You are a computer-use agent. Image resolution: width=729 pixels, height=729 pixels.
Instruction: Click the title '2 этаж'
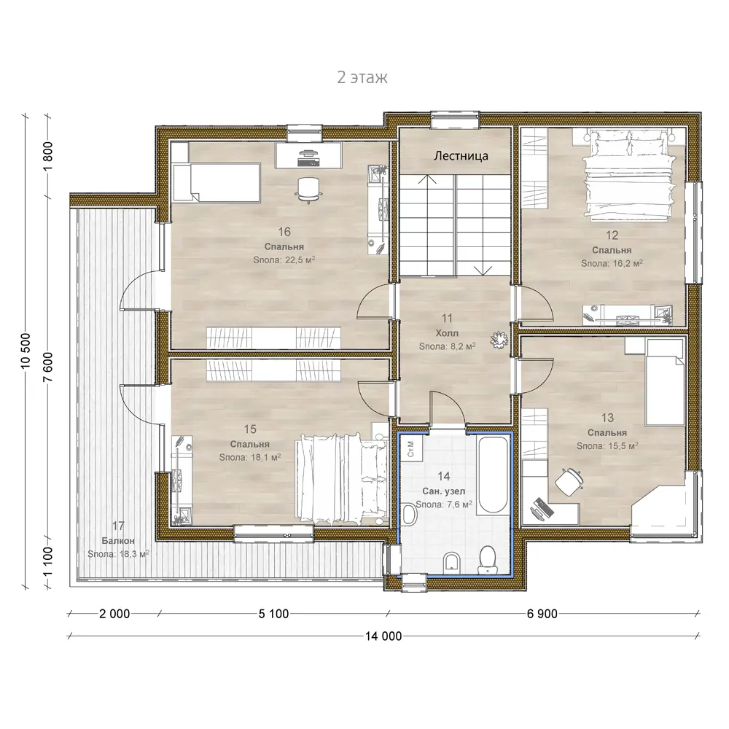362,77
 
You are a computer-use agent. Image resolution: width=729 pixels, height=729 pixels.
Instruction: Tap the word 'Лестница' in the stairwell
461,156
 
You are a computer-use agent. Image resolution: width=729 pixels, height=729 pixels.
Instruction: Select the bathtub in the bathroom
494,475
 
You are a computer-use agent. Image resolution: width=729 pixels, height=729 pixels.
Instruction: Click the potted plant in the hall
499,340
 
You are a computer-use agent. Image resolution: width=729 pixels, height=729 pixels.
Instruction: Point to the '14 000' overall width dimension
383,636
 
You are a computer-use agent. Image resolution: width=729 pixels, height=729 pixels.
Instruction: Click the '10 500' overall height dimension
26,351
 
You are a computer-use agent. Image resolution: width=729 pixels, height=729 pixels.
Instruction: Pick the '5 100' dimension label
274,614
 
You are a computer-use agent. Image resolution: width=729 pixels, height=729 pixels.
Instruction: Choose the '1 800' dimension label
48,157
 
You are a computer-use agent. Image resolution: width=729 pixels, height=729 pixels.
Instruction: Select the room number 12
612,235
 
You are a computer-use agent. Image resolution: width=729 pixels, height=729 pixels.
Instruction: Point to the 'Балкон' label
118,541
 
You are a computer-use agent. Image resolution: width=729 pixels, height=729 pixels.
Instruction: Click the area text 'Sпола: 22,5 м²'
284,260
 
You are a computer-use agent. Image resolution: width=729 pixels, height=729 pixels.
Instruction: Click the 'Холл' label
447,333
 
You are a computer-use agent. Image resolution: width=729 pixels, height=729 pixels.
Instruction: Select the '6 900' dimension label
542,614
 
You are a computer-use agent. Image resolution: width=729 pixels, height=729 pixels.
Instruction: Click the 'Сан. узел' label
443,491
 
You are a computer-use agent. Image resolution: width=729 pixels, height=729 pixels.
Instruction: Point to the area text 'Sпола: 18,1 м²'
249,458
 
